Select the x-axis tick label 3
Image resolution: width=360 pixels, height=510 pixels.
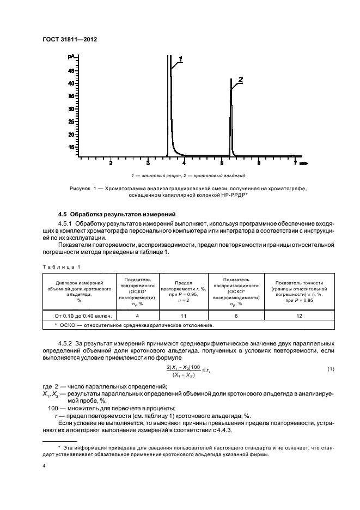point(148,163)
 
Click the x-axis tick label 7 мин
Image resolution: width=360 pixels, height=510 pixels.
point(300,163)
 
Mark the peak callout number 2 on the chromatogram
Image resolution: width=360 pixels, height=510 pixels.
point(240,79)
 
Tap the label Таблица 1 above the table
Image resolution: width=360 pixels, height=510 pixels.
point(62,267)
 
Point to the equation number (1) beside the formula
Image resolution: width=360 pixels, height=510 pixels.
point(330,369)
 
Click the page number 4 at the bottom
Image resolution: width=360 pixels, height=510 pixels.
point(44,466)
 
